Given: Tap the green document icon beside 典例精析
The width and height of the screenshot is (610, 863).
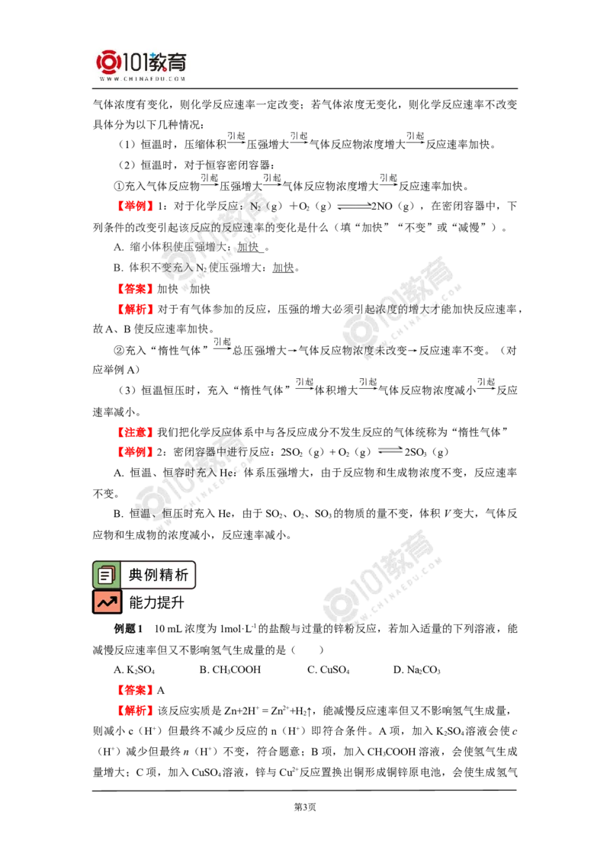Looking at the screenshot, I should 106,576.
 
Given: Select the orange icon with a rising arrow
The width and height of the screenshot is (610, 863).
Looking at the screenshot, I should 107,602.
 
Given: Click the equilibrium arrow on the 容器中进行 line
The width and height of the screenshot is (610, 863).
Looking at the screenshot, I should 391,450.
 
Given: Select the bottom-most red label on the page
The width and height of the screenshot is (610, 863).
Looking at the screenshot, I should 136,711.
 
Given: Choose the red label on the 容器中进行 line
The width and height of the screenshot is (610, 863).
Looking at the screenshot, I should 136,451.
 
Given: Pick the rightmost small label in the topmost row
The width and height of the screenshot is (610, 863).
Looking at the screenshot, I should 416,136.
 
